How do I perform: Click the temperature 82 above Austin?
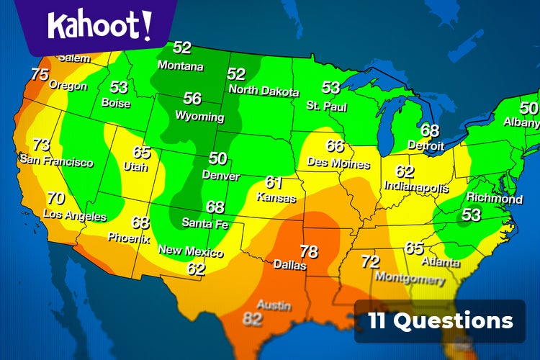(x=252, y=319)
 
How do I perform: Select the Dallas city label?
(x=289, y=265)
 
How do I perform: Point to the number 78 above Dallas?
(x=308, y=251)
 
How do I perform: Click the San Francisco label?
(x=56, y=160)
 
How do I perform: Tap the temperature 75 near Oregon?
(x=40, y=74)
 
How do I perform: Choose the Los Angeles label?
(x=75, y=215)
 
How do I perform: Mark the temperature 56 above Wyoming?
(x=192, y=99)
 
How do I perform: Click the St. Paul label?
(x=326, y=107)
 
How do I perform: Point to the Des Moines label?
(x=338, y=163)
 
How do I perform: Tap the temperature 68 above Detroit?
(x=430, y=130)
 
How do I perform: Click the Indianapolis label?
(x=415, y=186)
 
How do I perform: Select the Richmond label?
(x=494, y=198)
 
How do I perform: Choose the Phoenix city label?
(x=128, y=237)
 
